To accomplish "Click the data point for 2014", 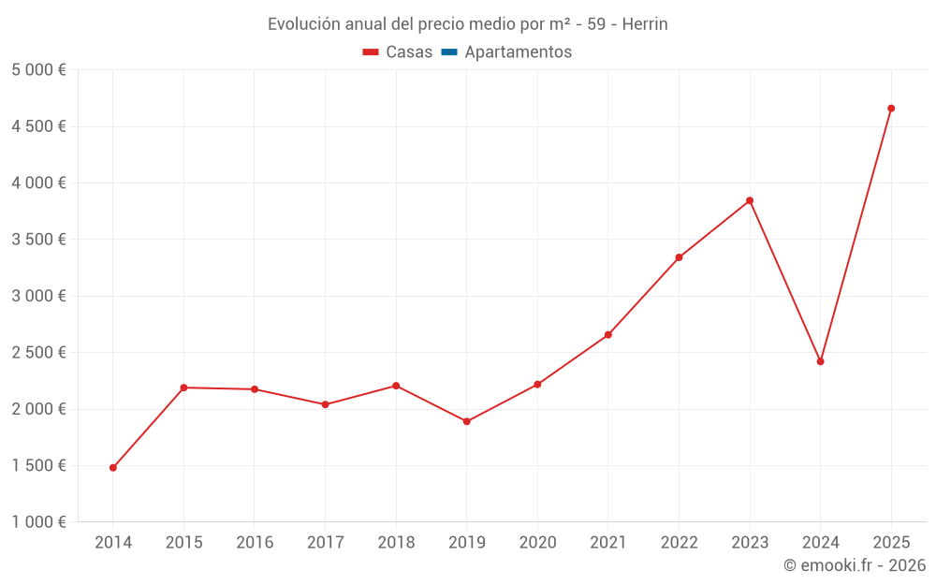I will coord(113,468).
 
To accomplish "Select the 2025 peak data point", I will coord(891,109).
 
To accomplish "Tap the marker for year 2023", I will coord(750,200).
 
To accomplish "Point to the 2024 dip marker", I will coord(821,361).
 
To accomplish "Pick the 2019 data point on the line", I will coord(467,421).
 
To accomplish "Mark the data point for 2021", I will coord(608,335).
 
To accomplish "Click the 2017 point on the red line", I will coord(326,404).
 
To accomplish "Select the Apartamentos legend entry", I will coord(518,52).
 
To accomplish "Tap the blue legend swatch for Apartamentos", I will coord(448,52).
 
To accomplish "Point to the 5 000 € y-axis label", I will coord(38,70).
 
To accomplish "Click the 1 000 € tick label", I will coord(38,522).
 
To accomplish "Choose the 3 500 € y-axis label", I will coord(38,240).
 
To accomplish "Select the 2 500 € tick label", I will coord(38,353).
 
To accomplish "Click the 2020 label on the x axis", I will coord(537,543).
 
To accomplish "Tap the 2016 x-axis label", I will coord(255,543).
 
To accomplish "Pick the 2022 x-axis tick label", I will coord(679,543).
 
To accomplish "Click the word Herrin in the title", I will coord(645,24).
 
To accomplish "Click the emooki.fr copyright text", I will coord(855,565).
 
